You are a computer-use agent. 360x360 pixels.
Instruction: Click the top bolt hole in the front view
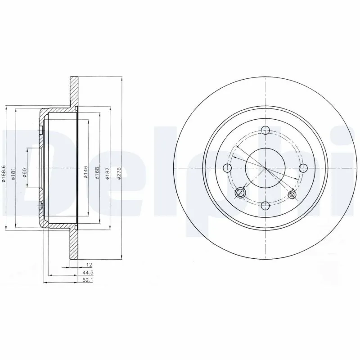pyautogui.click(x=265, y=130)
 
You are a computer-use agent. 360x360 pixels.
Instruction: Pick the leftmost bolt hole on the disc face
pyautogui.click(x=227, y=168)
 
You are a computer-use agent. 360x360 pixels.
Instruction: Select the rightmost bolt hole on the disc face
pyautogui.click(x=303, y=168)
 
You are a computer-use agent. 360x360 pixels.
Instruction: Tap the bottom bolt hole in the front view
pyautogui.click(x=265, y=206)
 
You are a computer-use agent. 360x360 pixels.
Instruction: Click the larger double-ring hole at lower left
pyautogui.click(x=241, y=193)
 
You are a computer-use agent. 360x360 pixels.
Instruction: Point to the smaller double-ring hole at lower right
pyautogui.click(x=292, y=194)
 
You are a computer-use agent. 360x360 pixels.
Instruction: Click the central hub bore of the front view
pyautogui.click(x=265, y=168)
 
